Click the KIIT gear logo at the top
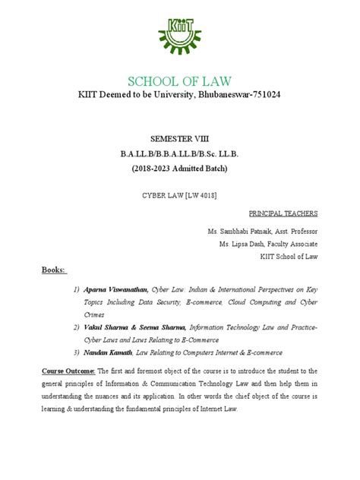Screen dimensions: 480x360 point(180,35)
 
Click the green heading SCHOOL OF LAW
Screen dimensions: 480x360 point(180,81)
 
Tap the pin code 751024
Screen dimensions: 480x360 point(261,97)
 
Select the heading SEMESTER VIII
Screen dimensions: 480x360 point(180,139)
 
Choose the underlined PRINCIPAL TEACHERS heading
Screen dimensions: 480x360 point(284,213)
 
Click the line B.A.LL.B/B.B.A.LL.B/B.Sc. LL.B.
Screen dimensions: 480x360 point(180,153)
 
